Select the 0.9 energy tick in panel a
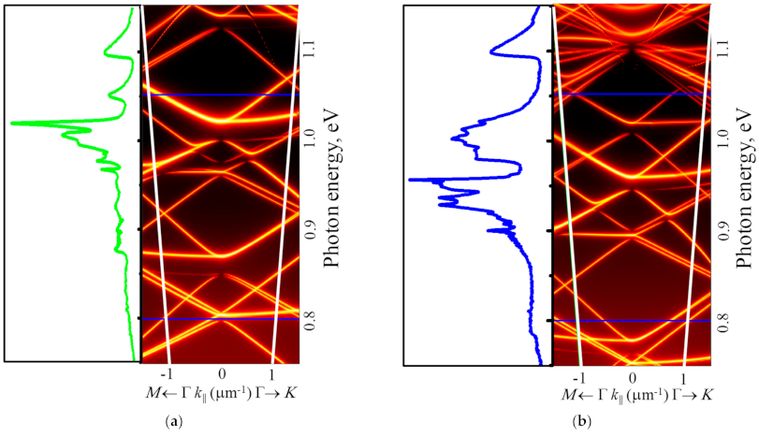tap(311, 229)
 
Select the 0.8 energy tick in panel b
tap(723, 320)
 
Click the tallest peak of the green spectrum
tap(13, 123)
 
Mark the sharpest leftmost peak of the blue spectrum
tap(409, 179)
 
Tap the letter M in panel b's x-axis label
tap(567, 392)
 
